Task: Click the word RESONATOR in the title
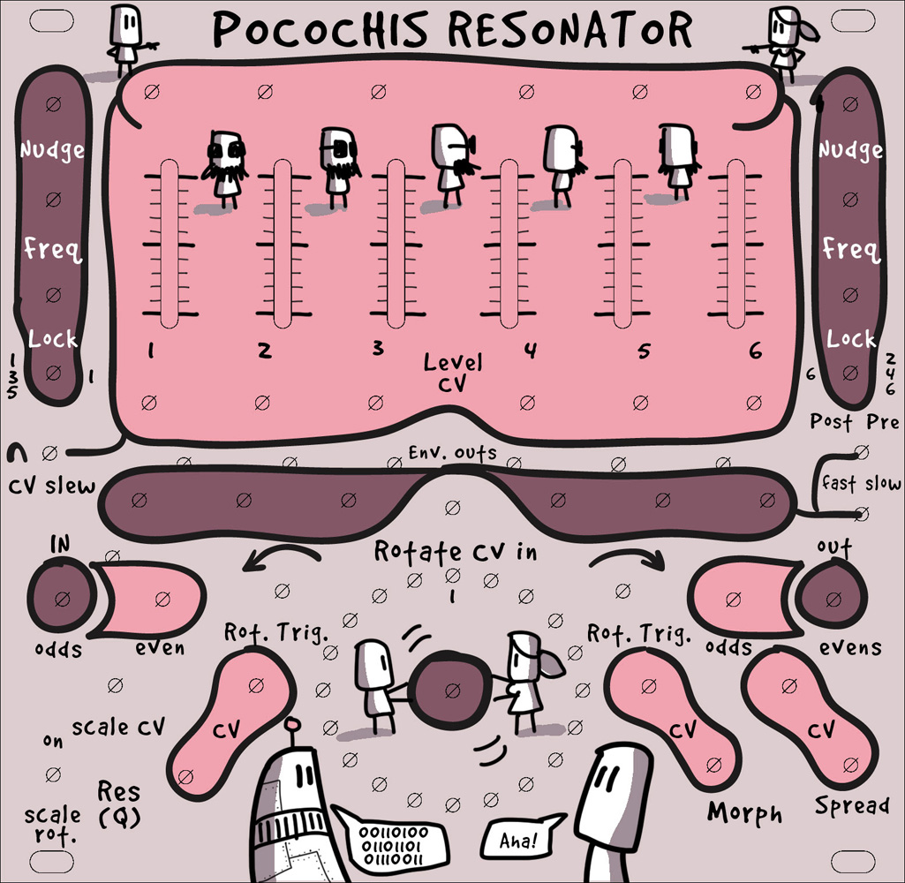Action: tap(570, 30)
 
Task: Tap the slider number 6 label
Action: tap(755, 351)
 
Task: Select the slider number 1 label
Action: tap(151, 351)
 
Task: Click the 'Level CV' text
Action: tap(452, 372)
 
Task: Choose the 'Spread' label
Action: tap(851, 805)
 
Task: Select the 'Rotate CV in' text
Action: tap(456, 552)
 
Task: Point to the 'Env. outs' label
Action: tap(452, 453)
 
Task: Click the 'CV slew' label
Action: tap(52, 487)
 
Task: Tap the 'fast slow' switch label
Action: tap(861, 483)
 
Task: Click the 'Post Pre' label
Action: tap(854, 421)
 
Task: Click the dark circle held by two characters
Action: tap(452, 688)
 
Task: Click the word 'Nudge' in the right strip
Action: tap(850, 150)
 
